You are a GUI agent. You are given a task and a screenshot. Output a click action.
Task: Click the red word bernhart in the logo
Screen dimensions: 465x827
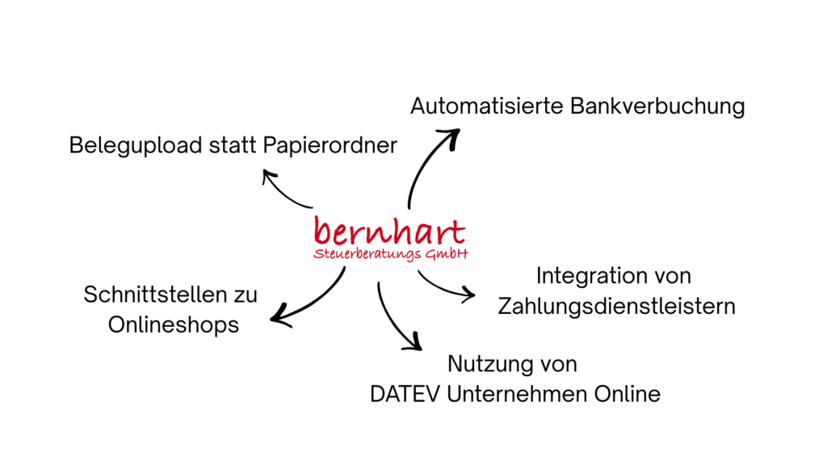click(x=389, y=232)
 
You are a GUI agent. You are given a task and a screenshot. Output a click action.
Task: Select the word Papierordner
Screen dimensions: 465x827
click(x=330, y=146)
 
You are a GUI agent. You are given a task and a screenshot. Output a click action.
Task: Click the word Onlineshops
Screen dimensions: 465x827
click(x=174, y=325)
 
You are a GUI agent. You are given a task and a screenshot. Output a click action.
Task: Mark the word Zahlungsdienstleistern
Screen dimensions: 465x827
click(x=616, y=307)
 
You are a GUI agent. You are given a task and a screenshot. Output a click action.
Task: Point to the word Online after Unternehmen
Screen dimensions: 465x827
click(x=631, y=394)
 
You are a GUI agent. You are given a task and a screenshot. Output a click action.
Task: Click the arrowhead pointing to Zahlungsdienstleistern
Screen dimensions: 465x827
click(x=469, y=295)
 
